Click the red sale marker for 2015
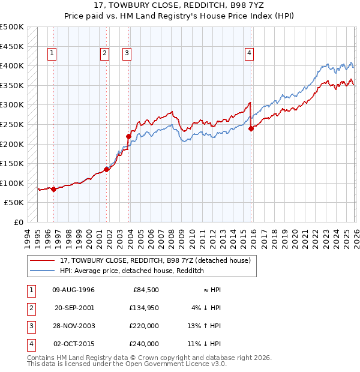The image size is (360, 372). (251, 128)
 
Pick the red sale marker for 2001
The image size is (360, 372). (107, 169)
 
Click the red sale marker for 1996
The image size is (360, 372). (53, 189)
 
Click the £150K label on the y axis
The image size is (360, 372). (12, 163)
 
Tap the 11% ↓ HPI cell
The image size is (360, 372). (204, 344)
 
